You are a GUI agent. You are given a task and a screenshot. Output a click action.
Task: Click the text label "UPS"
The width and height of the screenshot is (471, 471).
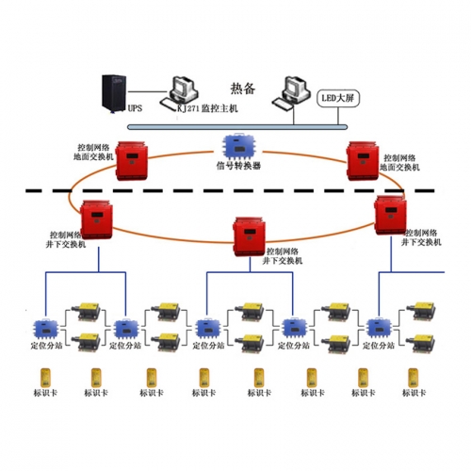click(x=134, y=109)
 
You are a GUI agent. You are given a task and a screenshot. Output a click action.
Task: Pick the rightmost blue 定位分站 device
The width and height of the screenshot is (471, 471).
click(x=381, y=327)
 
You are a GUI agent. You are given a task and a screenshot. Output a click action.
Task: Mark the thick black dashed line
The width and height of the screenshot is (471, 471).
click(x=235, y=191)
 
